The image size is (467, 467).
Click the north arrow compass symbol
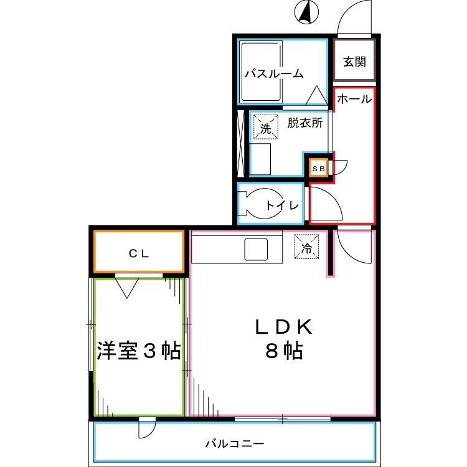[306, 12]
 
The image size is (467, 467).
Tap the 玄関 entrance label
[354, 62]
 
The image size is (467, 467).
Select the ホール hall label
[354, 99]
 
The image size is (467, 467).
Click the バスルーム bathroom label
[274, 73]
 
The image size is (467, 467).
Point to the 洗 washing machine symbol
[266, 127]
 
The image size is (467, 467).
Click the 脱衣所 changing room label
[305, 123]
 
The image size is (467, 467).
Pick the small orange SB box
[318, 169]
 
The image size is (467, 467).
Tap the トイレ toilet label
[282, 205]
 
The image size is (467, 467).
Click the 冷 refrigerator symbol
[306, 247]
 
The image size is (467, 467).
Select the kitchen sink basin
[256, 250]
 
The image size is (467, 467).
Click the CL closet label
[139, 253]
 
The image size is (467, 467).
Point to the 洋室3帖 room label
[139, 351]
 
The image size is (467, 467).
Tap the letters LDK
[284, 327]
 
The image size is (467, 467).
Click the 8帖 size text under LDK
[284, 351]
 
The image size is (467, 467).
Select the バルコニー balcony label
[235, 444]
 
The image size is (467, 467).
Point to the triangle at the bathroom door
[316, 95]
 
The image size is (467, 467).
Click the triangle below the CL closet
[127, 288]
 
